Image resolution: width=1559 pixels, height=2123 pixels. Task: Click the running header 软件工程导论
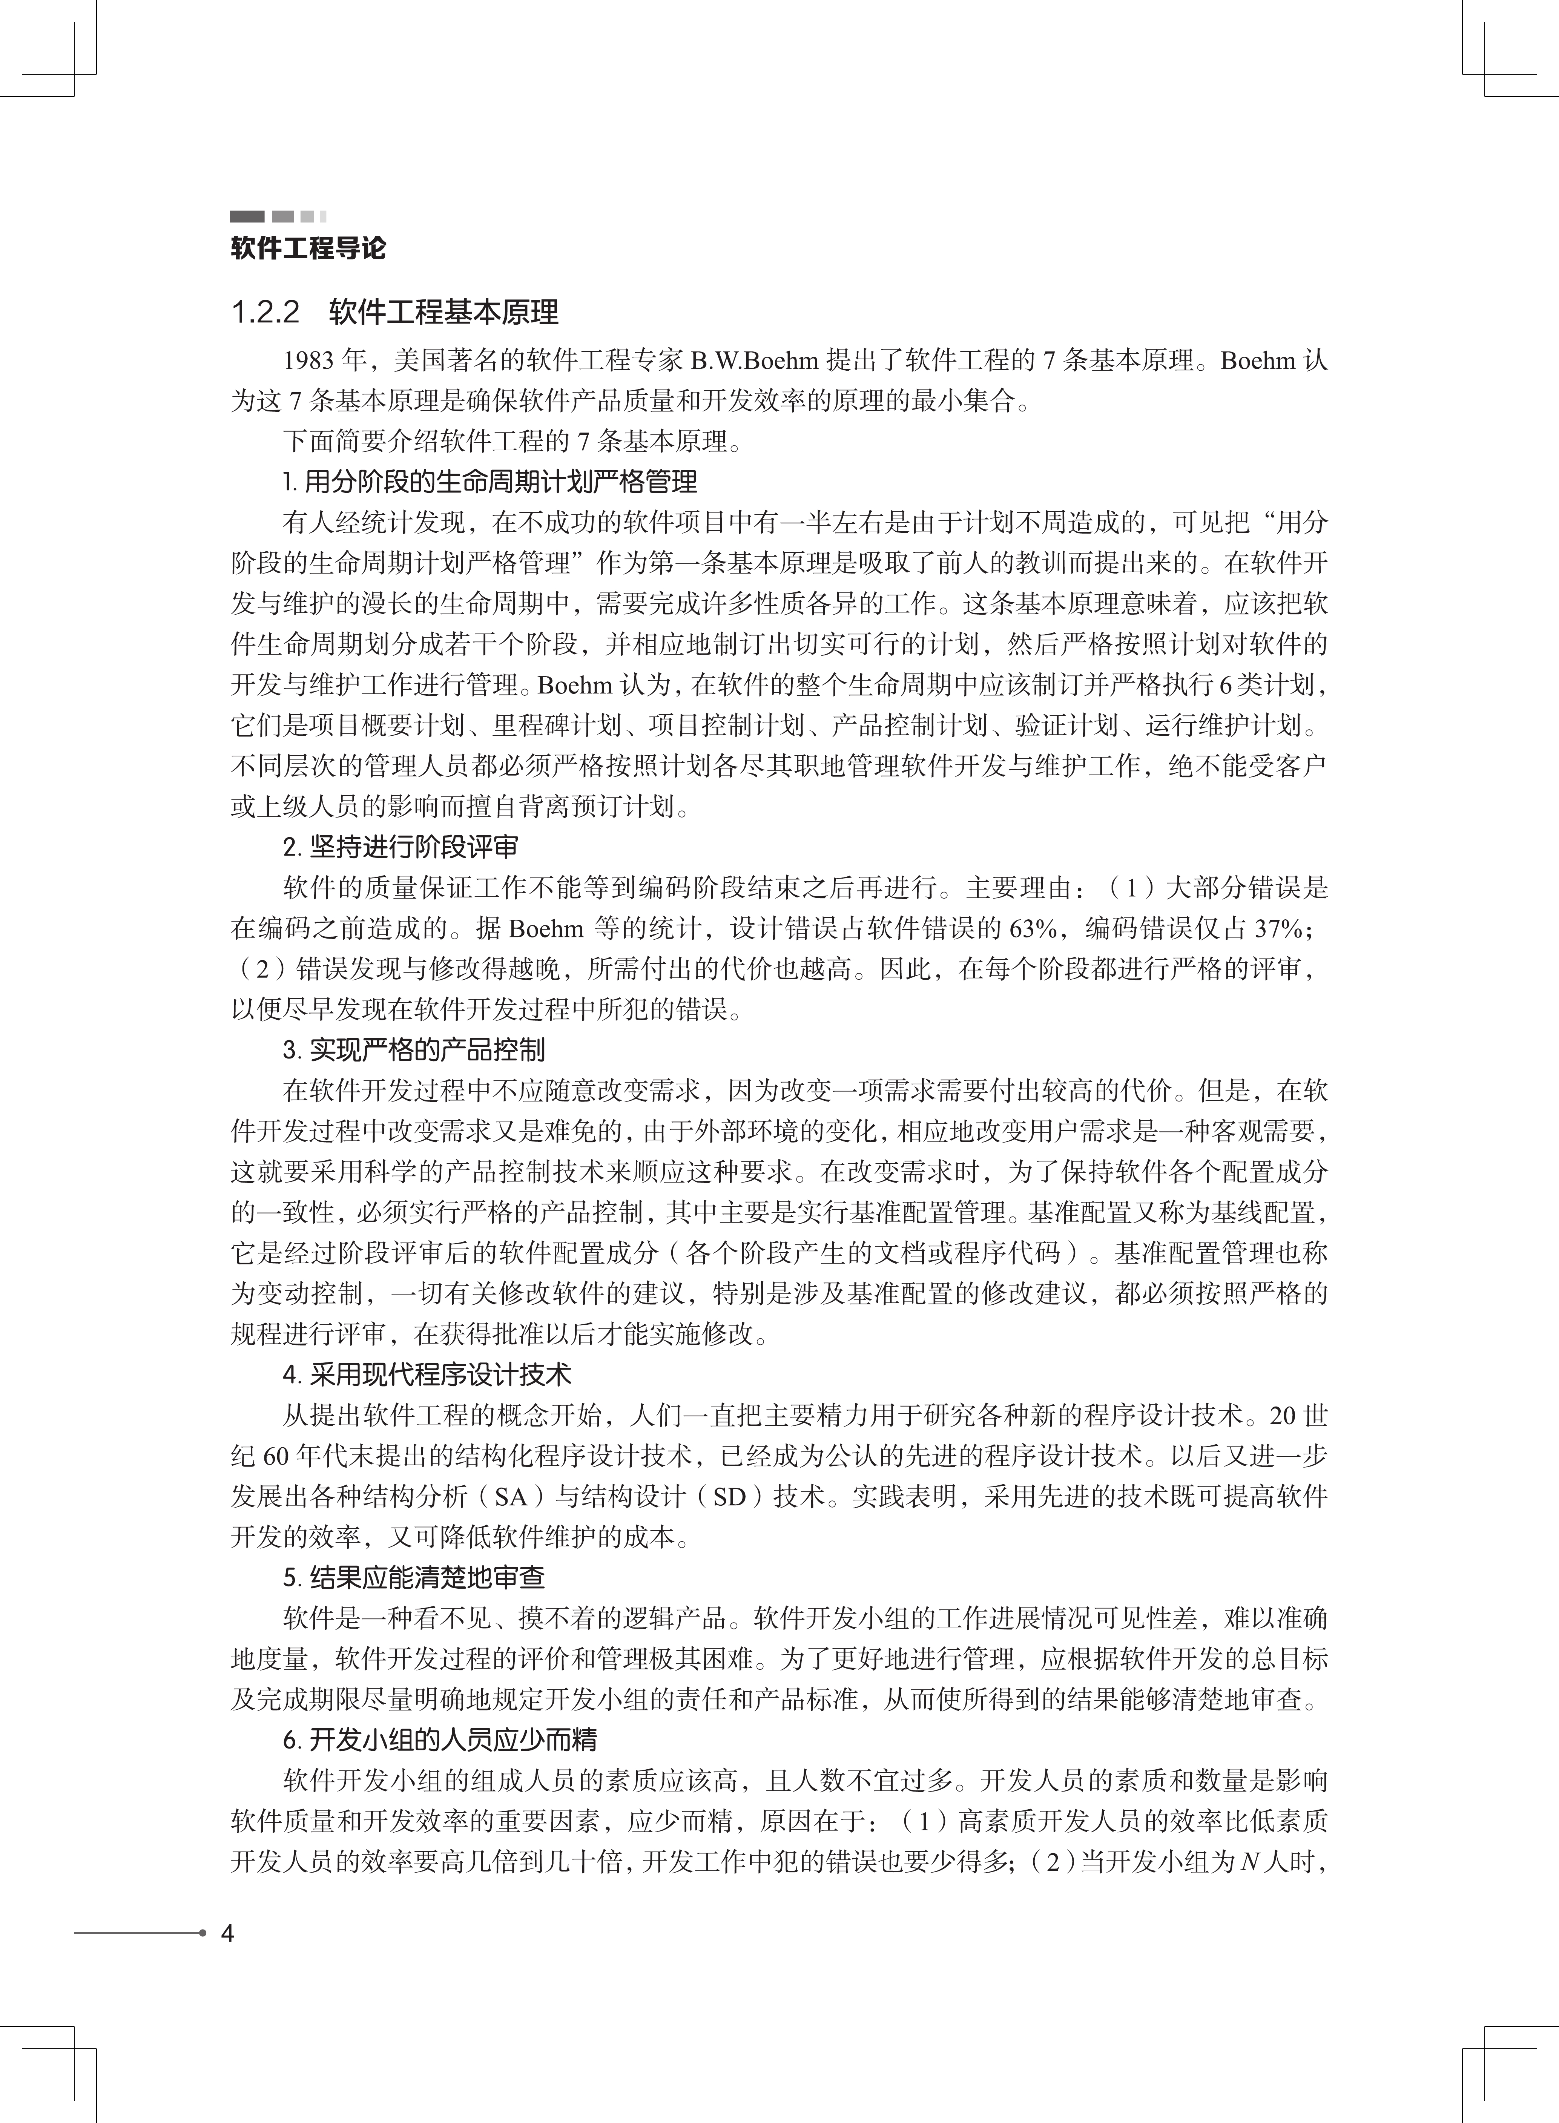pos(308,249)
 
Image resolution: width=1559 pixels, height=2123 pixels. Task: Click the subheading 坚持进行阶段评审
pos(413,847)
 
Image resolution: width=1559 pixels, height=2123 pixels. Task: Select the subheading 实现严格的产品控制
pos(427,1050)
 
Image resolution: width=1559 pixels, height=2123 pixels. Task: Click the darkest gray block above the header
pos(247,216)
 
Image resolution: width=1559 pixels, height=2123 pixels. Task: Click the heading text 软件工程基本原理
pos(443,312)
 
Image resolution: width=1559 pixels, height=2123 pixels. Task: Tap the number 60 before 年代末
pos(275,1456)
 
